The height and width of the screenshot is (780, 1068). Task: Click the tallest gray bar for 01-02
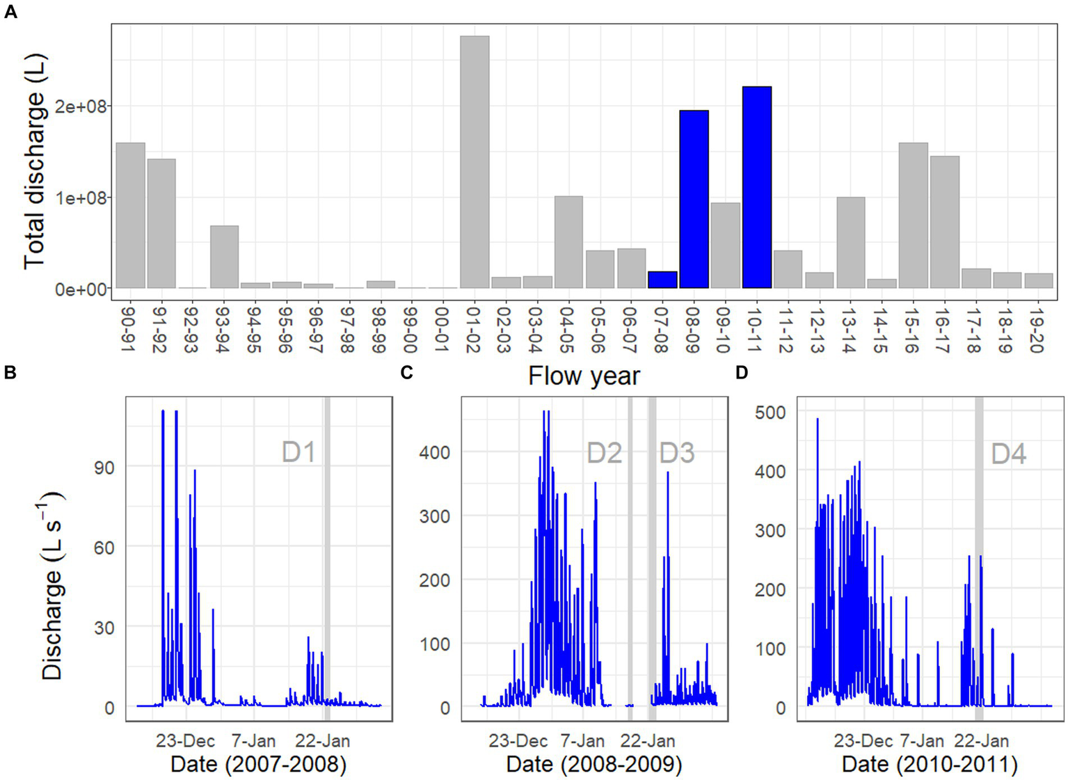475,162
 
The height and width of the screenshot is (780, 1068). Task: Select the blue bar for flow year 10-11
756,188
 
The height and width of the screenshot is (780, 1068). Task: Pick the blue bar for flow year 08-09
694,200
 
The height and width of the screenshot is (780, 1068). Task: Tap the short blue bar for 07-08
662,280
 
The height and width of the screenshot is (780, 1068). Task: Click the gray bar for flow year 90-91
130,216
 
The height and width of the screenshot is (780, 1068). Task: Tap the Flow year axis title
584,376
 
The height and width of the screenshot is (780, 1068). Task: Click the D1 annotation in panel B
298,452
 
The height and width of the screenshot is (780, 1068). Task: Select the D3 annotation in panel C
677,453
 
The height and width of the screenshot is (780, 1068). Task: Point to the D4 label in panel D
1008,454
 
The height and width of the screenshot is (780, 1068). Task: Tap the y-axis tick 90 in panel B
104,468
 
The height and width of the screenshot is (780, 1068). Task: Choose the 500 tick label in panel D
770,413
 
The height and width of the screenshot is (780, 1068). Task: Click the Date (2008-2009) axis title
593,764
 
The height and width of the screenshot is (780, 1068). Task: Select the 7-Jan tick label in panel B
253,740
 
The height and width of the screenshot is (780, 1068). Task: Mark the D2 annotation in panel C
604,453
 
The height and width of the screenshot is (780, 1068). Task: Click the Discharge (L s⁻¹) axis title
53,584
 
